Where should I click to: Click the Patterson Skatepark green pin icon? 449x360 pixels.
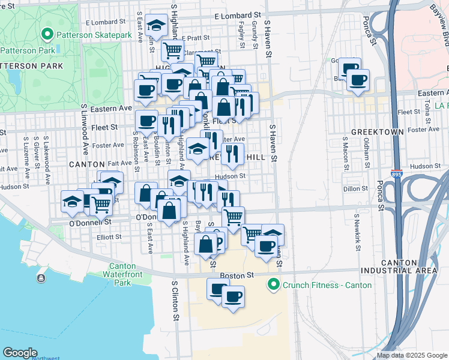(x=47, y=35)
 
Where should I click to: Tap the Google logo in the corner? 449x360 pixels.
(x=20, y=353)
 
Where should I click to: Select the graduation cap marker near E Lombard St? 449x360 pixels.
(x=157, y=26)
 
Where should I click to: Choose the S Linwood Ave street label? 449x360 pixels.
(x=85, y=127)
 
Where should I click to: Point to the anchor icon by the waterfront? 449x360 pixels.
(x=41, y=278)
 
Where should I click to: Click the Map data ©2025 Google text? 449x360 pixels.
(x=412, y=355)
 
